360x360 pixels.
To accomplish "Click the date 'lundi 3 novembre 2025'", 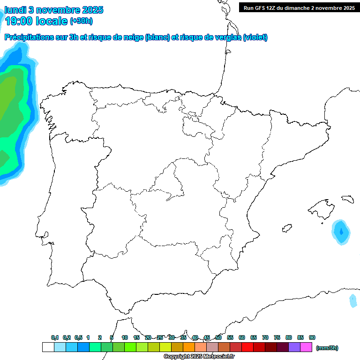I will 54,10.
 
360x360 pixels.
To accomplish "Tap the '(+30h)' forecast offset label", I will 81,22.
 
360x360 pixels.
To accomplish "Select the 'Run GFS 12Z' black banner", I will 297,7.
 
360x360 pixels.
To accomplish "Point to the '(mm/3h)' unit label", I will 327,348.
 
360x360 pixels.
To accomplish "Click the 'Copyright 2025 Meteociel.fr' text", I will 199,357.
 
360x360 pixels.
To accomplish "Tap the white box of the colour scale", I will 48,347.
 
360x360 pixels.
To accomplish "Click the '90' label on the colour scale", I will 312,337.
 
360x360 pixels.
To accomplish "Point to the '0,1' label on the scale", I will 55,337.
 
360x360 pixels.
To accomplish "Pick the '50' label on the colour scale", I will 218,337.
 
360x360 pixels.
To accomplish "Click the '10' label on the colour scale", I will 125,337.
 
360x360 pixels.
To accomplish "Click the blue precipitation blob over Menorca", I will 341,232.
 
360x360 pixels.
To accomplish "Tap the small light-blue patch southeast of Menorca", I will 353,300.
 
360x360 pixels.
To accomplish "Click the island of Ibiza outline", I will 286,229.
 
